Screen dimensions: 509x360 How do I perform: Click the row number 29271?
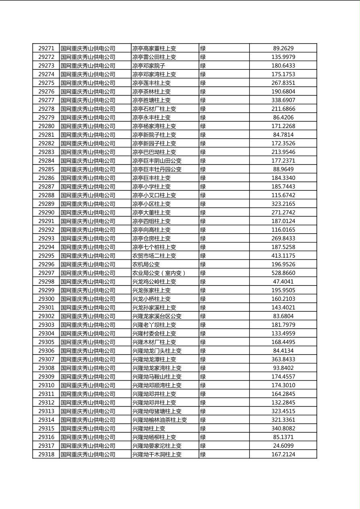(46, 48)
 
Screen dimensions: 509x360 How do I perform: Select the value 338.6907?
(283, 100)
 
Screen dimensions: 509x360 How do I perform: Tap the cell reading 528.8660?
(283, 273)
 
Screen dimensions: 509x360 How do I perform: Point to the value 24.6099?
(283, 446)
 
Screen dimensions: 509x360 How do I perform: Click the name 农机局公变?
(146, 265)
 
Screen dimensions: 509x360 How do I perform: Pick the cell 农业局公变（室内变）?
(159, 273)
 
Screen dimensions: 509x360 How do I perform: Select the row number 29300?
(46, 299)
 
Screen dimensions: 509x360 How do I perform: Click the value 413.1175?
(283, 256)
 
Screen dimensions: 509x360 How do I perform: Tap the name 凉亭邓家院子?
(149, 66)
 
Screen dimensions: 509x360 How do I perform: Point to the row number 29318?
(46, 455)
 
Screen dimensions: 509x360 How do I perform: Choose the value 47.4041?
(283, 282)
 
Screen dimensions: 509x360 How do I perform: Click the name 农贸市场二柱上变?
(154, 256)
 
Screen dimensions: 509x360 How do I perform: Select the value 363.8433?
(283, 359)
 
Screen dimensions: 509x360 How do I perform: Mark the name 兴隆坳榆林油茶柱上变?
(160, 420)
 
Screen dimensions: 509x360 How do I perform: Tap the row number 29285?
(46, 169)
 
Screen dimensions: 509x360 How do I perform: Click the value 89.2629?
(283, 48)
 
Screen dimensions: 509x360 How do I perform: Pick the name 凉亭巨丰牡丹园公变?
(157, 169)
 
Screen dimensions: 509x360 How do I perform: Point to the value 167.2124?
(283, 455)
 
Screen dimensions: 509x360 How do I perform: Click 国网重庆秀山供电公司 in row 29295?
(88, 256)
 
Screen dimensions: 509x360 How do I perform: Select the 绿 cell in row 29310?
(203, 385)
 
